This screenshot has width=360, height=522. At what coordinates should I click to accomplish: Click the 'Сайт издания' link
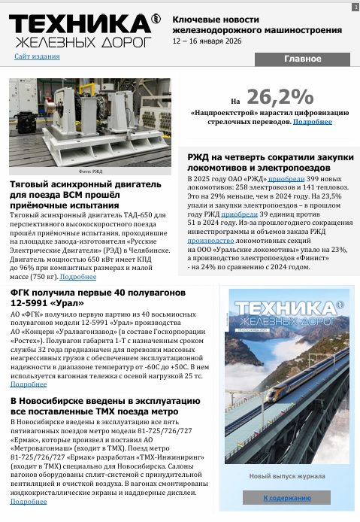point(37,56)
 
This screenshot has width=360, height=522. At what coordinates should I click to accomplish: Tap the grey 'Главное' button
point(302,59)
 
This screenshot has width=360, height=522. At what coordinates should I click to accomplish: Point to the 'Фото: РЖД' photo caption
point(89,171)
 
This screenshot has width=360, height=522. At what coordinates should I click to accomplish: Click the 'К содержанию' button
point(286,498)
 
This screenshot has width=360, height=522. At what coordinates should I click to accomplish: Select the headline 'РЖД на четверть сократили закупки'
point(270,156)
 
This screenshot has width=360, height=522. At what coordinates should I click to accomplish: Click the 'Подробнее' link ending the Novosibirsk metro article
point(28,501)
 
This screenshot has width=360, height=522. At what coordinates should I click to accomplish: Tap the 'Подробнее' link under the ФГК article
point(28,384)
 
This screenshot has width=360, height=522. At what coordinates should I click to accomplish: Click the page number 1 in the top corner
point(354,7)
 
